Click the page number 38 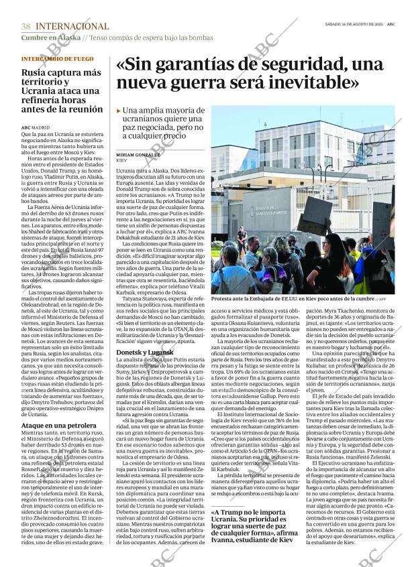click(25, 26)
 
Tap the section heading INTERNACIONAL click(72, 26)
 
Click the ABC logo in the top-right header click(399, 23)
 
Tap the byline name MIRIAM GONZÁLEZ click(138, 155)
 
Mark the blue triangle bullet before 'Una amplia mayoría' click(119, 111)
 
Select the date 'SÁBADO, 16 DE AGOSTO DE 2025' click(353, 23)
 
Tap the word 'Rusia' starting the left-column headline click(34, 72)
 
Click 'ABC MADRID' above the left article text click(36, 127)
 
